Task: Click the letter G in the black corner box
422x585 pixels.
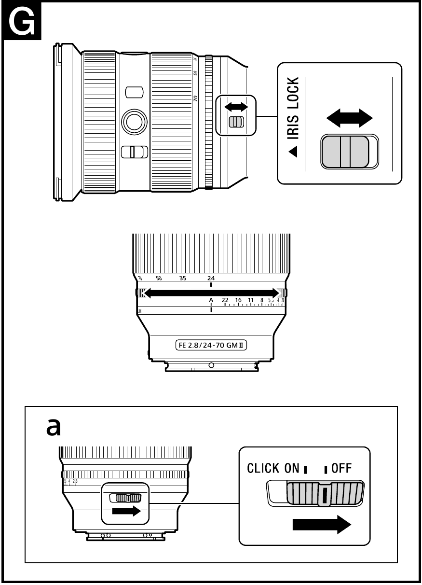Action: click(22, 21)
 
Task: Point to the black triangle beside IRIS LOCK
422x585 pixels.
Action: click(293, 153)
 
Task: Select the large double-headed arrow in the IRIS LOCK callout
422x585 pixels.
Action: click(350, 117)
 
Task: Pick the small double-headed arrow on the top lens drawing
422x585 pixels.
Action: click(236, 106)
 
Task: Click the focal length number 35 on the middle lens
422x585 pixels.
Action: click(183, 279)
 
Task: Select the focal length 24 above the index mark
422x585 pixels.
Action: click(211, 279)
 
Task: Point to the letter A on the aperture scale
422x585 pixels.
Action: click(211, 300)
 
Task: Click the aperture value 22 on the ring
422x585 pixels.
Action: click(225, 300)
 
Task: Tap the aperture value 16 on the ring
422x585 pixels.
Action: click(238, 300)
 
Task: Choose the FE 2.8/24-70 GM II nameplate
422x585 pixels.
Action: click(211, 346)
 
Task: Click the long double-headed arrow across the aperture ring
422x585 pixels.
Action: click(211, 292)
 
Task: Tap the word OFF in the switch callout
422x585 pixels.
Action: click(341, 468)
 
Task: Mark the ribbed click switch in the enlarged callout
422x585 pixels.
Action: click(324, 494)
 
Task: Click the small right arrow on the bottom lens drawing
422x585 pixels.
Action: click(126, 511)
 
